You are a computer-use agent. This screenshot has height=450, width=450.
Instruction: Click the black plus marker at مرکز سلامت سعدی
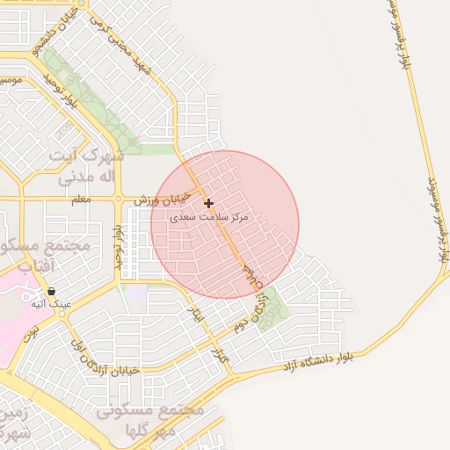[x=208, y=203]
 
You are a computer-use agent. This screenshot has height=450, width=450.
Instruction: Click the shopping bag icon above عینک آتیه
[x=52, y=291]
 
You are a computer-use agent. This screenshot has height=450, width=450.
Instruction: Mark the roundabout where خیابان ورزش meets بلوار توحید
[x=119, y=200]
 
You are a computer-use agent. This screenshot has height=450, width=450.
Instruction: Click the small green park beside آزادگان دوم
[x=272, y=310]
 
